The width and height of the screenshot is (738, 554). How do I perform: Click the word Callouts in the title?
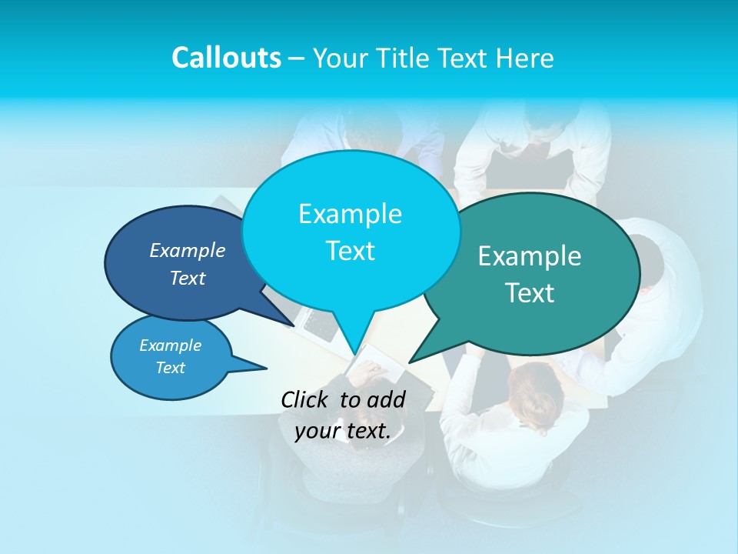pyautogui.click(x=226, y=58)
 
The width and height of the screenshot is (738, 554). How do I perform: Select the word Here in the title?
pyautogui.click(x=525, y=58)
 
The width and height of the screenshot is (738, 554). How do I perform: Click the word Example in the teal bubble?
pyautogui.click(x=530, y=256)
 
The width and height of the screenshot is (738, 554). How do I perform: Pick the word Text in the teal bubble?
pyautogui.click(x=530, y=293)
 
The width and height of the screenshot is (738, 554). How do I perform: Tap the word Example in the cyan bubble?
pyautogui.click(x=350, y=214)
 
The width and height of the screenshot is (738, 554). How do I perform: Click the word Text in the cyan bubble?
pyautogui.click(x=350, y=251)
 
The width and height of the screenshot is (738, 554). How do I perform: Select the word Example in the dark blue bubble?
pyautogui.click(x=188, y=250)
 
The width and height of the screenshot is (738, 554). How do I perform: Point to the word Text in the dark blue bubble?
pyautogui.click(x=188, y=278)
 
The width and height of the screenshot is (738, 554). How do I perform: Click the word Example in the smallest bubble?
pyautogui.click(x=170, y=345)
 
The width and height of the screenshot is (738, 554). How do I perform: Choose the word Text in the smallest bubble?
pyautogui.click(x=170, y=368)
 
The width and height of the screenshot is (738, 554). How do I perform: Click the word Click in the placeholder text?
pyautogui.click(x=307, y=399)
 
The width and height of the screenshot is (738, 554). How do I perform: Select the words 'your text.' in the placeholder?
pyautogui.click(x=343, y=431)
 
